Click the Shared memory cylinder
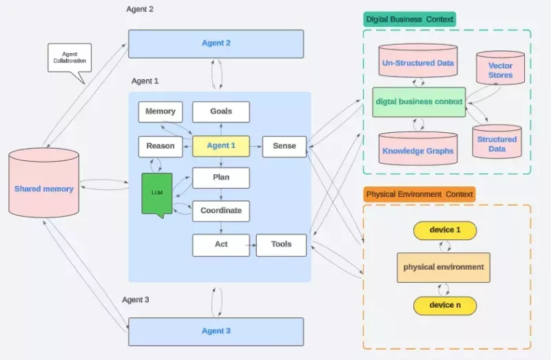click(43, 182)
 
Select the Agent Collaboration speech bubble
click(70, 58)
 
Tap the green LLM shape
click(157, 193)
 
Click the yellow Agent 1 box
click(221, 146)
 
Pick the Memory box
click(160, 112)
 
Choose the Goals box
click(221, 112)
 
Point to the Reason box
click(160, 147)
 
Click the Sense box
click(284, 147)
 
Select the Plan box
click(221, 178)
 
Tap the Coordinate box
click(221, 211)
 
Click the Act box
click(221, 245)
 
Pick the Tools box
click(281, 245)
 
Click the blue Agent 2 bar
click(216, 44)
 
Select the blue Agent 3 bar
click(216, 332)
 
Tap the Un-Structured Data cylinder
click(418, 61)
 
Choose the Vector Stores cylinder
click(501, 68)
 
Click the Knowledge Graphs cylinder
click(418, 148)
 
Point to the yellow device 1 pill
click(445, 231)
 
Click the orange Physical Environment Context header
click(419, 194)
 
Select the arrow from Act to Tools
click(253, 245)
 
